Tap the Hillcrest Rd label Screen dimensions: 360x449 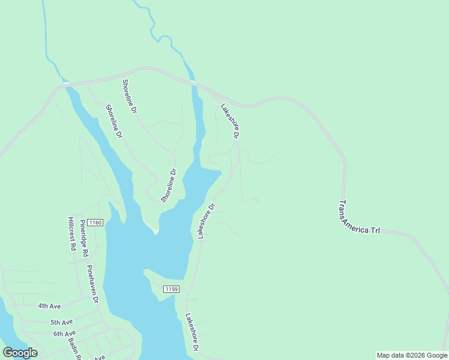click(x=71, y=233)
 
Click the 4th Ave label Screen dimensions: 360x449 click(x=50, y=306)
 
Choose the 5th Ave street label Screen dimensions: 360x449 click(x=61, y=322)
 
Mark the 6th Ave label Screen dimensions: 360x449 click(x=64, y=334)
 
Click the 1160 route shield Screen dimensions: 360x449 click(x=95, y=223)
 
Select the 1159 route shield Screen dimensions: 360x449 click(x=171, y=290)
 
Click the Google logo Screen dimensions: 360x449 click(x=20, y=353)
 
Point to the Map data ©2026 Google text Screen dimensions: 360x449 click(x=412, y=355)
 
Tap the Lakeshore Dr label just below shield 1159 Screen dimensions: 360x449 click(x=192, y=332)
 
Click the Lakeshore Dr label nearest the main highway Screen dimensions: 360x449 click(x=230, y=122)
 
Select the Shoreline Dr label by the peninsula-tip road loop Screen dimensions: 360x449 click(x=169, y=185)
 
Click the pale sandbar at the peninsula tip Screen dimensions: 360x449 click(x=152, y=227)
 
